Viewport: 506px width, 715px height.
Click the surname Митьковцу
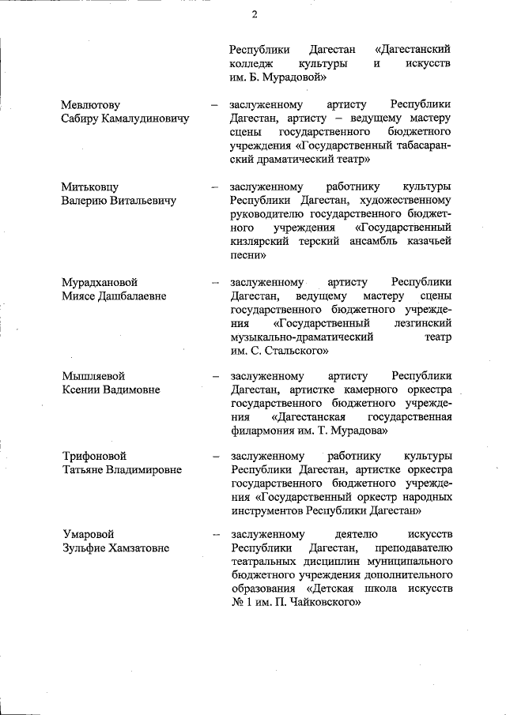point(90,186)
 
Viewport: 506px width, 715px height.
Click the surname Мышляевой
point(93,376)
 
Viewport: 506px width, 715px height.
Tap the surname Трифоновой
point(96,456)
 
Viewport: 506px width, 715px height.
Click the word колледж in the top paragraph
point(251,64)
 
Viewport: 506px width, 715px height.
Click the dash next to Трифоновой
point(214,456)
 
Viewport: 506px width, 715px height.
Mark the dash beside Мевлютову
point(214,104)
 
